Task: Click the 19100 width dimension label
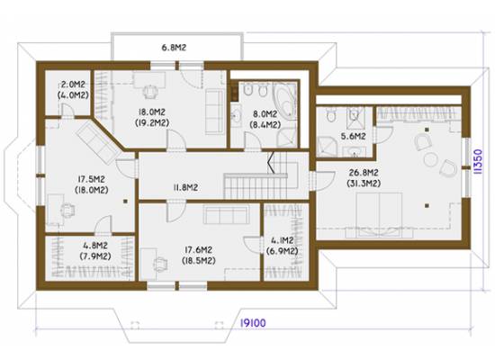[x=253, y=323]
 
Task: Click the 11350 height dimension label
[x=478, y=162]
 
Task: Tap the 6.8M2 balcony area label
[x=174, y=48]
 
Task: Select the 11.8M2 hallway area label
[x=185, y=187]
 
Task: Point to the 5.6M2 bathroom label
[x=354, y=137]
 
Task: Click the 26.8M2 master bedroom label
[x=364, y=173]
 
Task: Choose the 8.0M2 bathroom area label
[x=265, y=113]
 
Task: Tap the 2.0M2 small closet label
[x=73, y=85]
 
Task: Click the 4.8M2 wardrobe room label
[x=95, y=246]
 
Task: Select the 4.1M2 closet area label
[x=283, y=240]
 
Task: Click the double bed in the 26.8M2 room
[x=379, y=215]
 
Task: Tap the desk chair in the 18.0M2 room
[x=150, y=91]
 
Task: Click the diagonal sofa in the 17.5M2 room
[x=98, y=143]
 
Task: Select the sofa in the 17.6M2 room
[x=226, y=214]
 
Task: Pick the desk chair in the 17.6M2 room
[x=161, y=265]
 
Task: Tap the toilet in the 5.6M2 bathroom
[x=330, y=115]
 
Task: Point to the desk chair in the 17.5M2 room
[x=67, y=210]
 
